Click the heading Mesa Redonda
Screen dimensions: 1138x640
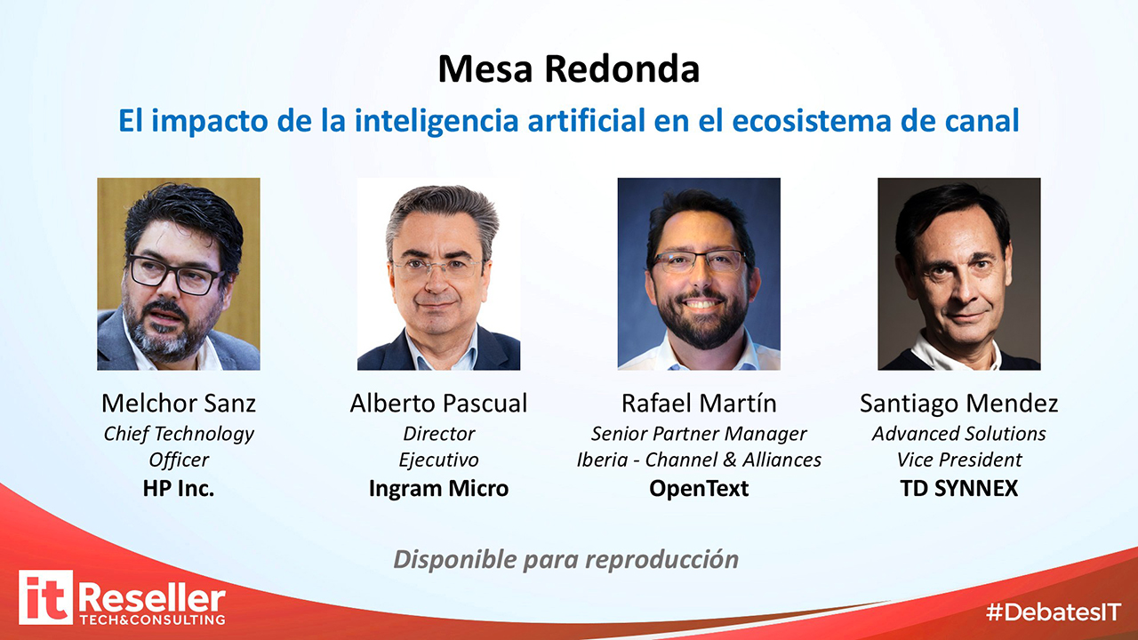point(568,68)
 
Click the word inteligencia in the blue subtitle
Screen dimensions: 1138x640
point(437,121)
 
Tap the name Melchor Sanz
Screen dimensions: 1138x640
point(179,403)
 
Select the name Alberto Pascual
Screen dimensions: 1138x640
point(438,403)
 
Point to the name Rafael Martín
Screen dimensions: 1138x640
point(699,403)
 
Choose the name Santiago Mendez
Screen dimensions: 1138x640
point(958,404)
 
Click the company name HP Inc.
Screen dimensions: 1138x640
point(179,488)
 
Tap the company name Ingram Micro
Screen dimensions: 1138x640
point(438,488)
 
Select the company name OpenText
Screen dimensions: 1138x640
point(699,488)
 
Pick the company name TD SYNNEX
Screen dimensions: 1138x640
point(959,488)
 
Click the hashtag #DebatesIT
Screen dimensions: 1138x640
point(1054,612)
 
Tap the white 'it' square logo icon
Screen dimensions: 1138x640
point(45,596)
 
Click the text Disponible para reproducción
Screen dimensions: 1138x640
point(566,560)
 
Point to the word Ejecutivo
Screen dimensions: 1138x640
point(438,460)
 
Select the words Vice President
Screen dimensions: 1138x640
point(959,460)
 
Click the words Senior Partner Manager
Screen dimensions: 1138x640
point(699,433)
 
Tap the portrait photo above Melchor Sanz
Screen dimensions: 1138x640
point(179,274)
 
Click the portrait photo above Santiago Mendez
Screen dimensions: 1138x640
point(959,274)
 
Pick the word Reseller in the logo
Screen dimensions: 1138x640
point(152,598)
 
